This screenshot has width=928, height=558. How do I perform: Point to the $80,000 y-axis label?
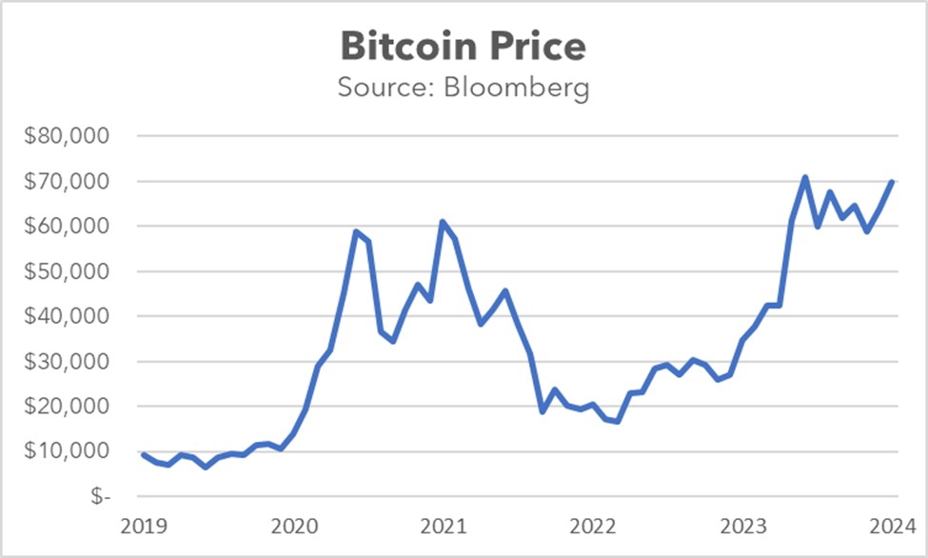[x=68, y=136]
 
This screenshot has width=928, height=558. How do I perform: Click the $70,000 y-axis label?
[x=68, y=181]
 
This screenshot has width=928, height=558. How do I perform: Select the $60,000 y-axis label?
[x=68, y=227]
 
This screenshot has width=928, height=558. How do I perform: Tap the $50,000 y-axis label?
[x=68, y=271]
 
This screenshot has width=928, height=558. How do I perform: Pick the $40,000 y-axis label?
[x=68, y=316]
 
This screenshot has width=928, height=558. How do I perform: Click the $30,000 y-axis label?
[x=68, y=362]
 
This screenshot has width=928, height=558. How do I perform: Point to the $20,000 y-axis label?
[x=68, y=407]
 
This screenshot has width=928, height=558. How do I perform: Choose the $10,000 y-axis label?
[x=68, y=451]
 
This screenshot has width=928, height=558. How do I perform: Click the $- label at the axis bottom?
[x=95, y=496]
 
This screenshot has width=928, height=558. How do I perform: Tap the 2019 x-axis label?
[x=143, y=526]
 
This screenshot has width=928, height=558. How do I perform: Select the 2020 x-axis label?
[x=292, y=526]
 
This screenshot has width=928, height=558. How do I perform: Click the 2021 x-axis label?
[x=443, y=526]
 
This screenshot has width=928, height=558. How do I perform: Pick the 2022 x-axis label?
[x=593, y=526]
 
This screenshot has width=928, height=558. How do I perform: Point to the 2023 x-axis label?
[x=742, y=526]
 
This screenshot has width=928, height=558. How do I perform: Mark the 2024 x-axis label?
[x=891, y=526]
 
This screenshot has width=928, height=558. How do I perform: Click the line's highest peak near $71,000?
[x=805, y=177]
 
